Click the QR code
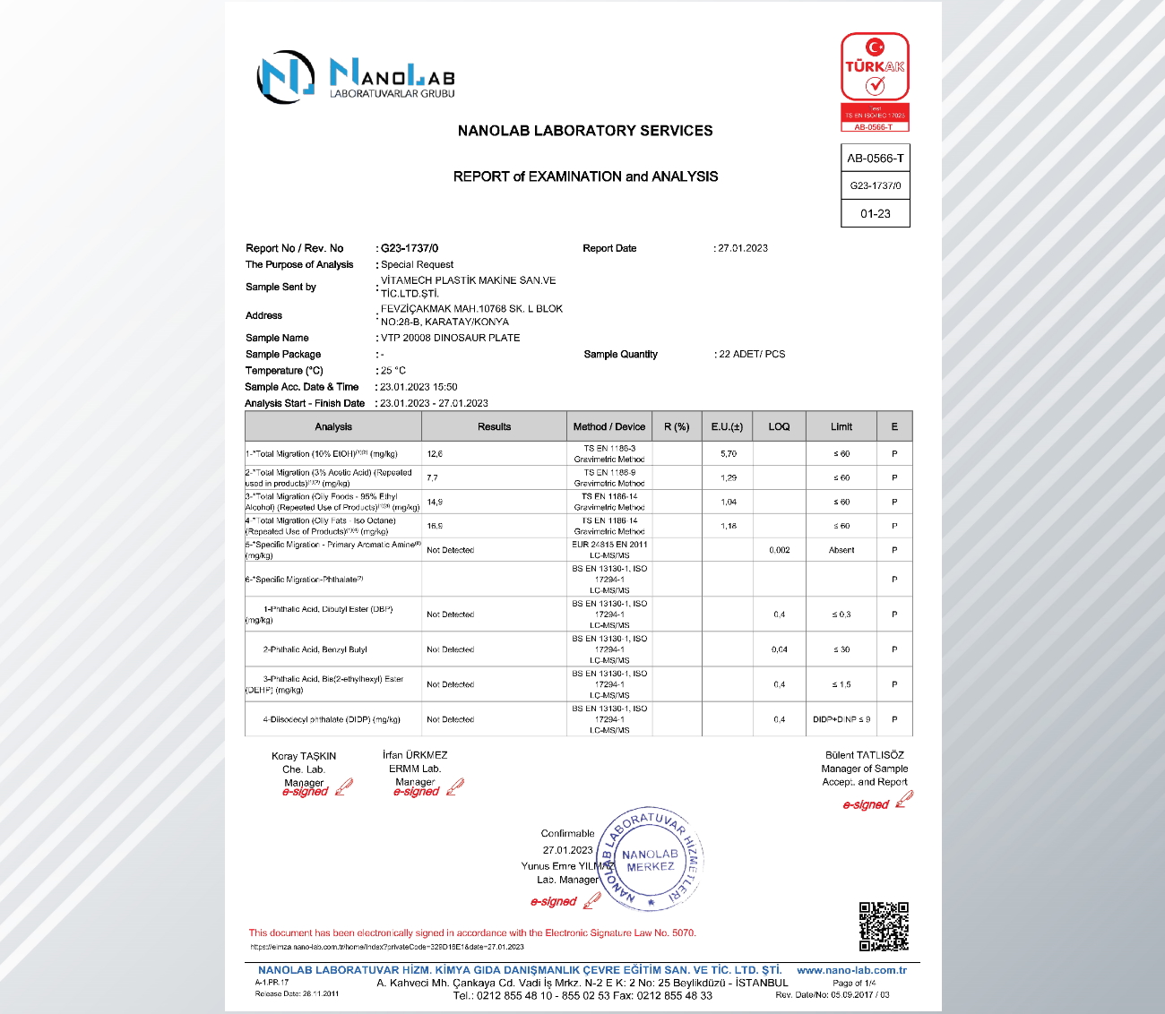(x=884, y=926)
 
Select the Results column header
(x=494, y=427)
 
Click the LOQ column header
(x=779, y=427)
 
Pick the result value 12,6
(x=435, y=454)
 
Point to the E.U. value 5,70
(x=729, y=454)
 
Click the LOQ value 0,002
(x=780, y=550)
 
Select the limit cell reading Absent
(x=841, y=550)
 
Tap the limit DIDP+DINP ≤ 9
(x=841, y=719)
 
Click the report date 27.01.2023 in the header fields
(x=743, y=248)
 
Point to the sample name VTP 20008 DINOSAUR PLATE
(x=450, y=338)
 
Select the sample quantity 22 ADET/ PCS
(x=752, y=354)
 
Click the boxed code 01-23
(x=876, y=214)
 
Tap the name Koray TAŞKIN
(x=304, y=756)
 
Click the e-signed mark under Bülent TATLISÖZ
(x=867, y=804)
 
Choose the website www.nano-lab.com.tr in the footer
(x=851, y=970)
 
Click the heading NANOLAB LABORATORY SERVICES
(x=585, y=131)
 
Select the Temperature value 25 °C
(x=393, y=370)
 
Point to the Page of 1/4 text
(x=854, y=983)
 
